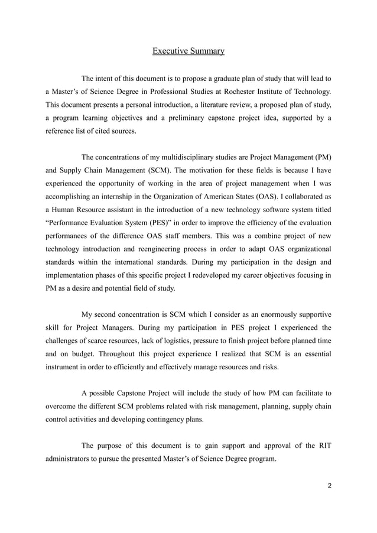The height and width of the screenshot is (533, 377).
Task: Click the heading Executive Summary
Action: (188, 51)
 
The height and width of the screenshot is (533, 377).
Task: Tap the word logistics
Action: (188, 340)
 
